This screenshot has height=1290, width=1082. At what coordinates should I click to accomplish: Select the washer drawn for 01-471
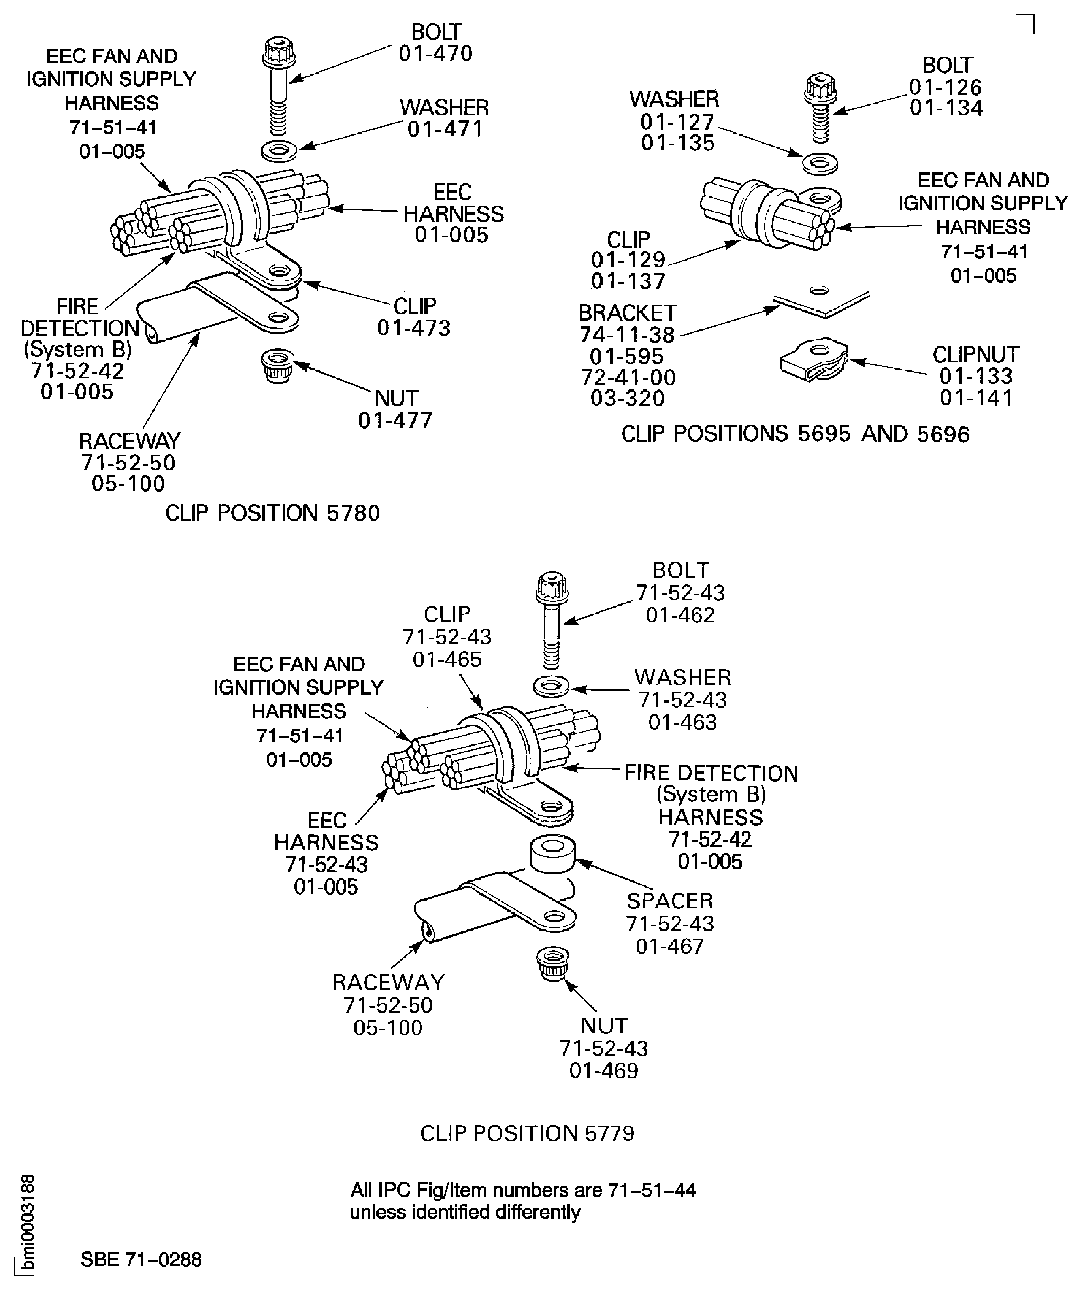click(279, 151)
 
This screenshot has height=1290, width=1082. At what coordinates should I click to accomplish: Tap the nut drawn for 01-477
click(277, 365)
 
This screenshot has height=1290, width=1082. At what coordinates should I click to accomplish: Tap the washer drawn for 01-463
click(551, 686)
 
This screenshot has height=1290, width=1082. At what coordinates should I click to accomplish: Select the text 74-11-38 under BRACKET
click(627, 335)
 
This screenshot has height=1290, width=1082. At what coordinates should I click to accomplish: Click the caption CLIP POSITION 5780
click(273, 513)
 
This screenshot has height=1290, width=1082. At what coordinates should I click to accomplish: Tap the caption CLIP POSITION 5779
click(527, 1133)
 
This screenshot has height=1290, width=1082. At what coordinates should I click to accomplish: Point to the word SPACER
click(670, 901)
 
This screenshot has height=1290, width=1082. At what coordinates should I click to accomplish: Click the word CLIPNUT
click(976, 355)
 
